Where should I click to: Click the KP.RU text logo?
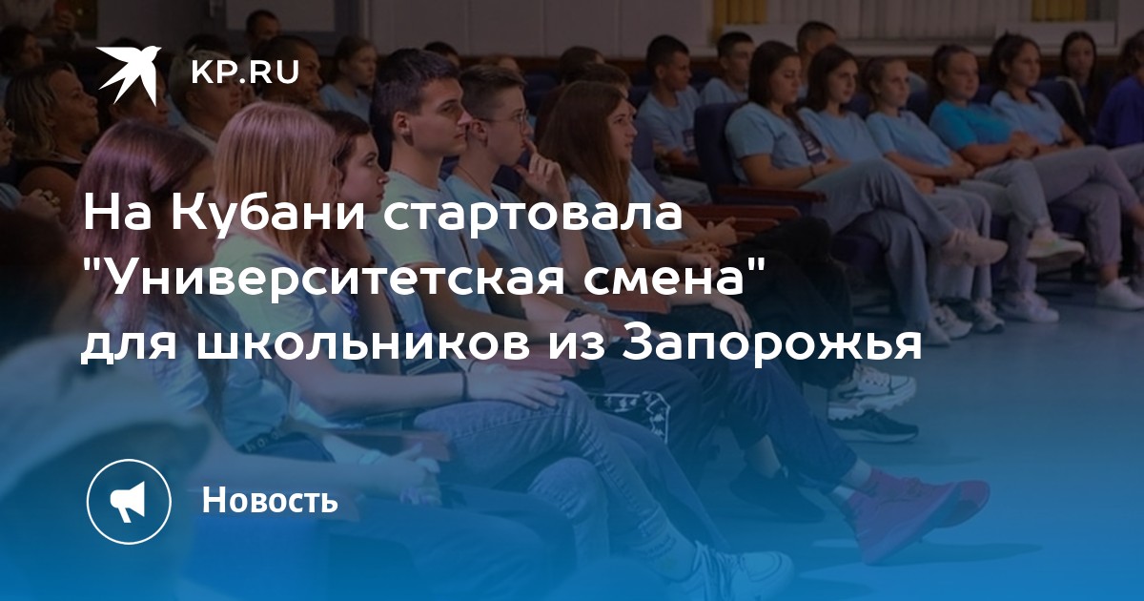(245, 73)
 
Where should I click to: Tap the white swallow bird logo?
(130, 74)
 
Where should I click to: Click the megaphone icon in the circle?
(128, 502)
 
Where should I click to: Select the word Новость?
(270, 500)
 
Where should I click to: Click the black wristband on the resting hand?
(465, 384)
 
